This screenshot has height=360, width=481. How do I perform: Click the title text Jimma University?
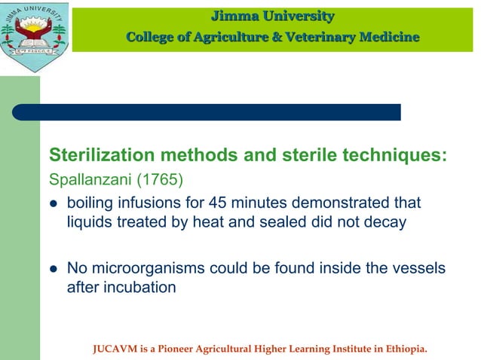point(272,16)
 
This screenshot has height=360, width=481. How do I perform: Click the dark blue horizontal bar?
point(205,112)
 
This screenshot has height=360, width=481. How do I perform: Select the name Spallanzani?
point(85,181)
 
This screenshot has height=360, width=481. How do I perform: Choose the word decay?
point(388,222)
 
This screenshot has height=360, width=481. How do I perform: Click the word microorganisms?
point(145,267)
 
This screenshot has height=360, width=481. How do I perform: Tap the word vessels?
point(418,267)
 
